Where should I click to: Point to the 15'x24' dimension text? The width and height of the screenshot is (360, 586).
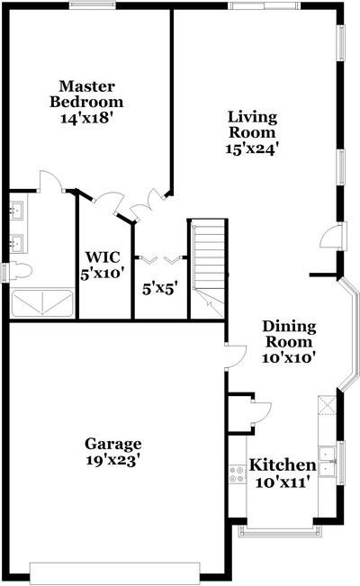pos(252,149)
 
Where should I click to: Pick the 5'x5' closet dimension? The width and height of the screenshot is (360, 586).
pos(159,289)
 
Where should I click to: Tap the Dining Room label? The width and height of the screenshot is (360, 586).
pos(287,334)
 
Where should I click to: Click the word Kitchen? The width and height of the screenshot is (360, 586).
pos(282,464)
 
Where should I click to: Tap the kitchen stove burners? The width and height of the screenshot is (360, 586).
pos(237,473)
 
